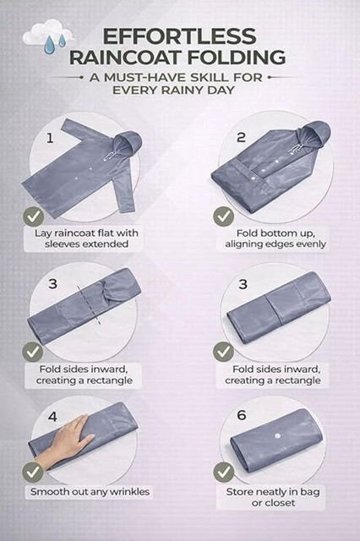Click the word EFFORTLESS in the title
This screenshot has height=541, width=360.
click(179, 36)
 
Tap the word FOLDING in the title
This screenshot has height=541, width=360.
click(236, 57)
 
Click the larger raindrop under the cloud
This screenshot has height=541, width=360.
click(49, 45)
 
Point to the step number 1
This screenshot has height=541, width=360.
click(50, 139)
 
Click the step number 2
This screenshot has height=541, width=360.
click(241, 137)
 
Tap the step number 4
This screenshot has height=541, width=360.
click(52, 417)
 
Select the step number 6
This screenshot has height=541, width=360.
click(242, 415)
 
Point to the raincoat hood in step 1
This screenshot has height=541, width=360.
click(128, 142)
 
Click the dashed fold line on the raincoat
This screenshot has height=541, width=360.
click(89, 305)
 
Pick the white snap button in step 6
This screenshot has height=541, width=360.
click(277, 436)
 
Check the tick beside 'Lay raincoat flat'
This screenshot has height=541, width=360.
click(34, 216)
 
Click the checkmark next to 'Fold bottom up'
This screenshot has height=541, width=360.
click(223, 216)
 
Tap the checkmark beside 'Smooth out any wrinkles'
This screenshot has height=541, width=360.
click(33, 473)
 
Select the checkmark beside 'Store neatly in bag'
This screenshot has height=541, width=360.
click(223, 473)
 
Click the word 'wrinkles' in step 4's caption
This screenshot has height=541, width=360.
click(129, 492)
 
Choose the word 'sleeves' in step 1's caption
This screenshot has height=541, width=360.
click(63, 244)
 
